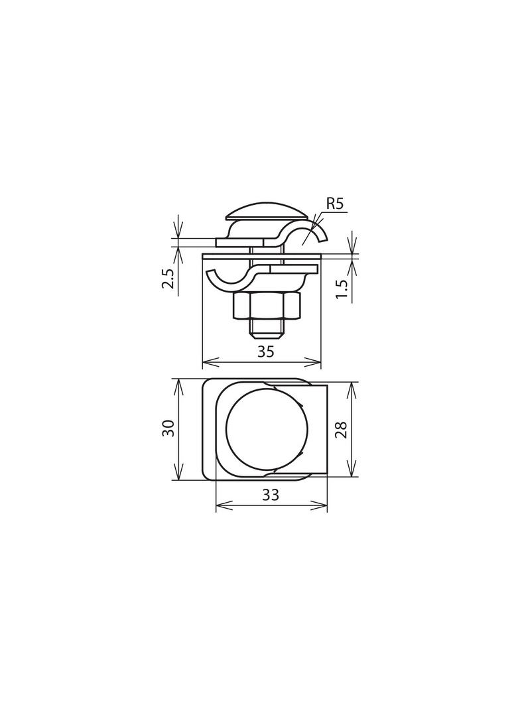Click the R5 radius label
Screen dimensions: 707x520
coord(336,204)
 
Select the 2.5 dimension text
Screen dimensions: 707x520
coord(168,279)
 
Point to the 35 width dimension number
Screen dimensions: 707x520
coord(265,352)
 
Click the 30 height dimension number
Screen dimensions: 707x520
coord(168,428)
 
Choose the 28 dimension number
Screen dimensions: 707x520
coord(342,430)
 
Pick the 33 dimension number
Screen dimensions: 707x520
coord(270,495)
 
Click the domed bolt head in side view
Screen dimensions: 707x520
coord(267,212)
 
